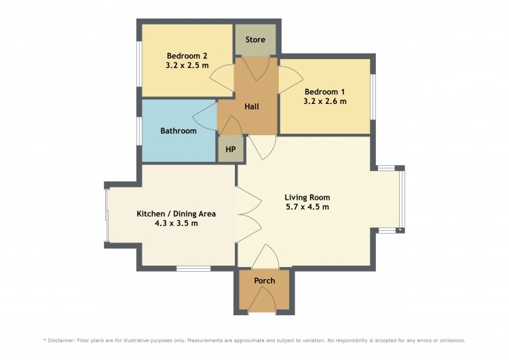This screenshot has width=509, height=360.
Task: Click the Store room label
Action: (255, 39)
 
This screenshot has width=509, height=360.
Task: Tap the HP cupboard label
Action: (231, 149)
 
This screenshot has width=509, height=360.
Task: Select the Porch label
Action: (264, 281)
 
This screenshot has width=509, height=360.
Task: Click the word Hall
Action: (252, 107)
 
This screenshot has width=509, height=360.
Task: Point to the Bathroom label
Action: (178, 131)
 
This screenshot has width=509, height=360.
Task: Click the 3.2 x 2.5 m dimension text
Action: (187, 65)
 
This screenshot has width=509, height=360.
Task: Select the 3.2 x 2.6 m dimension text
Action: (325, 101)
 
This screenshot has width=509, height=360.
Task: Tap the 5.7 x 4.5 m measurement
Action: (307, 207)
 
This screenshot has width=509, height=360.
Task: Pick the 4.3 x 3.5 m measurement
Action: (176, 223)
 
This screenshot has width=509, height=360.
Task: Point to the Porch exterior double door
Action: (262, 300)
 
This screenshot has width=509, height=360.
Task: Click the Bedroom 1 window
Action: (373, 97)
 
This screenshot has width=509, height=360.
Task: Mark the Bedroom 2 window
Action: (138, 65)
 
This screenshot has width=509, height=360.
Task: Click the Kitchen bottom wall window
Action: (193, 268)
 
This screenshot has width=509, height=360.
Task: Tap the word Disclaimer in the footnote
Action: (61, 340)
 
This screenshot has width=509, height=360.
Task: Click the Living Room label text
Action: (307, 198)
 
